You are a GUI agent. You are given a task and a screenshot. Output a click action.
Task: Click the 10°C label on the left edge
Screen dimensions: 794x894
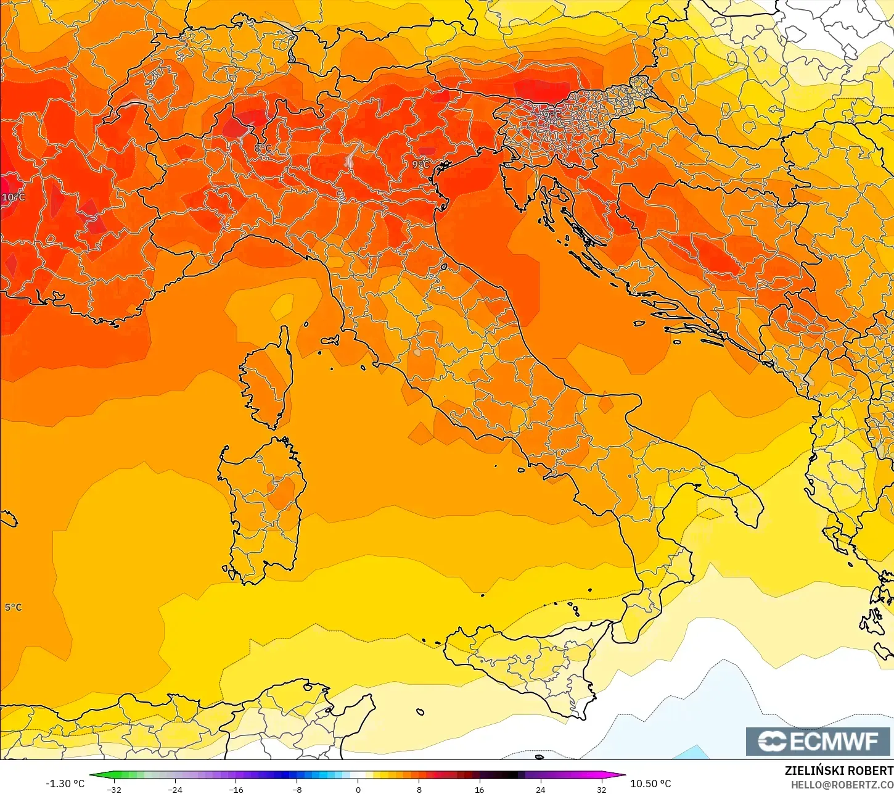click(13, 197)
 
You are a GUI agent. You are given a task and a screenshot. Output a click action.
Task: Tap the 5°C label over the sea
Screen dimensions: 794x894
click(13, 608)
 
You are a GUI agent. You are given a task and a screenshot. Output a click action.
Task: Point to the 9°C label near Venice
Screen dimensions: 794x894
click(420, 165)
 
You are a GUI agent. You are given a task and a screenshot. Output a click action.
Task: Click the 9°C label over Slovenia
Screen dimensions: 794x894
click(551, 115)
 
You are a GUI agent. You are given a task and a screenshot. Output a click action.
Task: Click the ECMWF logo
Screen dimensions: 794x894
click(818, 741)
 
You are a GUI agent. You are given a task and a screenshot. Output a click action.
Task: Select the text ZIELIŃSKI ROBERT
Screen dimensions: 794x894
click(839, 771)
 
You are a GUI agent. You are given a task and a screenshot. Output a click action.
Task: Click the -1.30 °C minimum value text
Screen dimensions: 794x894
click(65, 784)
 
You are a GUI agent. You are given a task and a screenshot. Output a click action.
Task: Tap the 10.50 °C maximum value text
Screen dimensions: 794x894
click(650, 784)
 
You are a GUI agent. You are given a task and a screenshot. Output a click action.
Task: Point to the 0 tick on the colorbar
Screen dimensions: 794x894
click(358, 789)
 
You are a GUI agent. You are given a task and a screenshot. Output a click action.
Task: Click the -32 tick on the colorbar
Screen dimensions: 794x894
click(114, 789)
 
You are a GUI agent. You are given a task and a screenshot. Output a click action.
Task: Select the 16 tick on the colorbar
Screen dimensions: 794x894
click(479, 789)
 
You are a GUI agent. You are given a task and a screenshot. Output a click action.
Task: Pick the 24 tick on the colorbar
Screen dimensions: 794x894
click(540, 789)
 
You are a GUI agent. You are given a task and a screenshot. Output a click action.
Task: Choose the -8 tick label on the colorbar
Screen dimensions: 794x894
click(297, 789)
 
